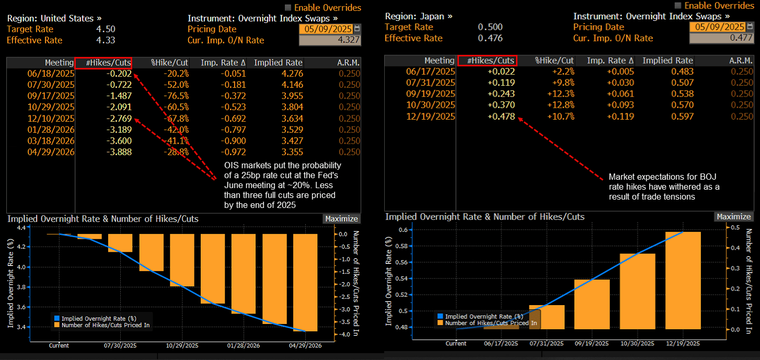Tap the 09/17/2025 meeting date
[51, 96]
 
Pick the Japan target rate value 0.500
[490, 27]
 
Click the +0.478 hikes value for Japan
[501, 117]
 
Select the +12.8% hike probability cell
[562, 105]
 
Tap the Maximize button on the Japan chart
[733, 216]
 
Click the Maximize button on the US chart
[341, 219]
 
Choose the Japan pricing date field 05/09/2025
[717, 27]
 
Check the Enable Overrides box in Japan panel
[678, 5]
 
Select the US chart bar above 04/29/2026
[306, 283]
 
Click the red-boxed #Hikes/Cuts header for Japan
[486, 61]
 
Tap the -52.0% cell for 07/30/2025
[176, 85]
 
